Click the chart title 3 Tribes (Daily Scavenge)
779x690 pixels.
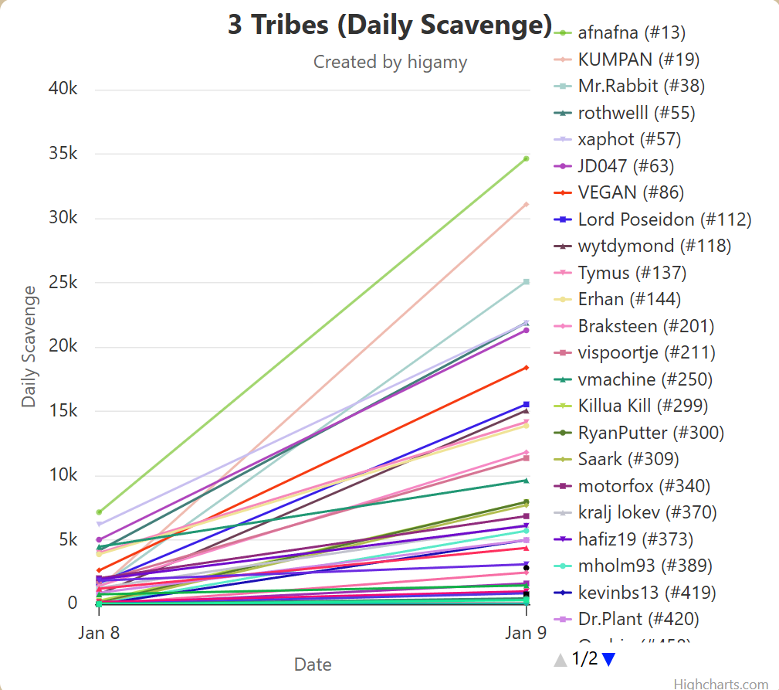(x=390, y=25)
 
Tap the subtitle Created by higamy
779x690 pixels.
(x=390, y=62)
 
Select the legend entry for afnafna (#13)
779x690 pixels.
(x=631, y=32)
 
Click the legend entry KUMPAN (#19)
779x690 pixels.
(x=638, y=59)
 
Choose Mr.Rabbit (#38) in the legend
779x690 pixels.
(x=641, y=86)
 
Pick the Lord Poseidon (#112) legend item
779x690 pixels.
(x=664, y=219)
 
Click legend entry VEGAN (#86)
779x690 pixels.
(x=631, y=192)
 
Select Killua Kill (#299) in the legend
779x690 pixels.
(x=642, y=406)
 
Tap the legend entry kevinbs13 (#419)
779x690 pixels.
(x=646, y=593)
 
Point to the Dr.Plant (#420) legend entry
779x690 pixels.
(x=638, y=619)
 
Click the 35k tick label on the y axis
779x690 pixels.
(x=63, y=154)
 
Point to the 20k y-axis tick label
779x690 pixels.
(x=63, y=346)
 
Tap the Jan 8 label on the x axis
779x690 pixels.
(x=98, y=633)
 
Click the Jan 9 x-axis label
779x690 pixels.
(x=527, y=633)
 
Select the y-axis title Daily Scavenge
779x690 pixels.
(x=29, y=346)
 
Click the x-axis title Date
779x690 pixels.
(x=313, y=665)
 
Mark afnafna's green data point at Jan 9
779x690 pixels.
(x=527, y=158)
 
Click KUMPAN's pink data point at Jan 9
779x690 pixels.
(x=527, y=205)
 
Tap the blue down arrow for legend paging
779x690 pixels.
(x=608, y=660)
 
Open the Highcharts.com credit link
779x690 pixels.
(x=721, y=684)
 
